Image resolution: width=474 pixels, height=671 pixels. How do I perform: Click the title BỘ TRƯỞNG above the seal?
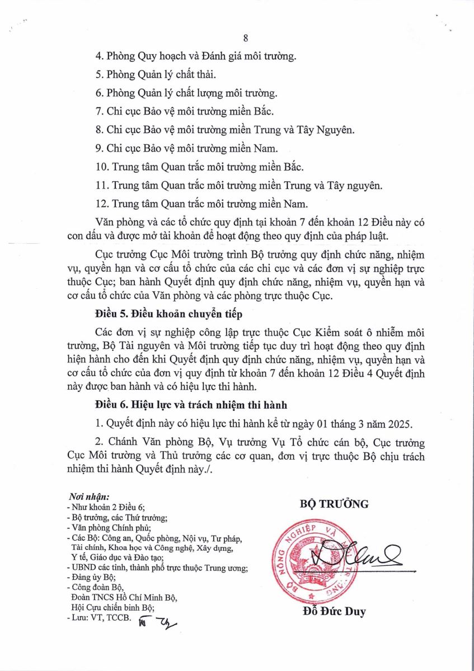click(x=334, y=504)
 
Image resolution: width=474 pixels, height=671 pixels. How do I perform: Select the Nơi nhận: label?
click(x=88, y=497)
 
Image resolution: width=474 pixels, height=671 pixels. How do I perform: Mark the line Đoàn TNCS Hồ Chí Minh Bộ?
click(x=120, y=597)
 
